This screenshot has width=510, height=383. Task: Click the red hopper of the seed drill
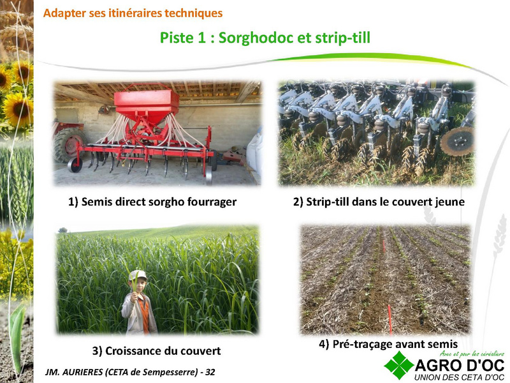point(147,105)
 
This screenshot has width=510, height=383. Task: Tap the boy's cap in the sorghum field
point(138,276)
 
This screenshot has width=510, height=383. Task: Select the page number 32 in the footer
point(210,372)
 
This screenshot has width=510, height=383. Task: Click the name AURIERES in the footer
point(82,372)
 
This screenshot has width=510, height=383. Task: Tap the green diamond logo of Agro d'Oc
point(398,365)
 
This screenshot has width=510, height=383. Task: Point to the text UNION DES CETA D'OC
point(459,377)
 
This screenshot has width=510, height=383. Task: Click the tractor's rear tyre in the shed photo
point(69,145)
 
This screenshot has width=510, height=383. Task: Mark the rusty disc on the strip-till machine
point(456,142)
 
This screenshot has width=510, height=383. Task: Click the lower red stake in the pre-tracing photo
point(390,319)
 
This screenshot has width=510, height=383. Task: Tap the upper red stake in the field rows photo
point(384,246)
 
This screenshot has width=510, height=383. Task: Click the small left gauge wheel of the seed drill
point(75,165)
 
